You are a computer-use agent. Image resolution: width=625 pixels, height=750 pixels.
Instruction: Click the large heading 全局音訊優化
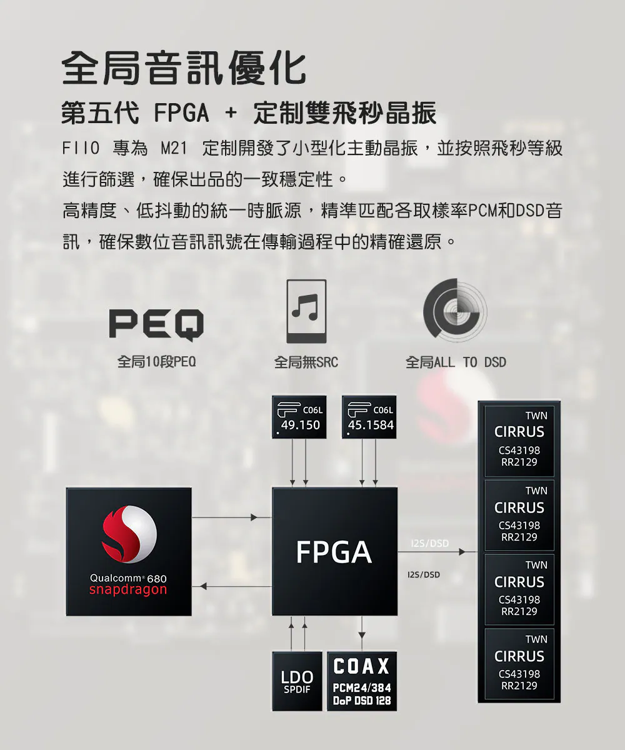pos(184,67)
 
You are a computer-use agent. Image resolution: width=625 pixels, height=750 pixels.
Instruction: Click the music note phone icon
pos(306,311)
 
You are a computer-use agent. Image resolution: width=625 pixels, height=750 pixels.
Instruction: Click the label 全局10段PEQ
pos(157,362)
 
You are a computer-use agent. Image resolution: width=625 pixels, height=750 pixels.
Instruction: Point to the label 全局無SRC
pos(306,362)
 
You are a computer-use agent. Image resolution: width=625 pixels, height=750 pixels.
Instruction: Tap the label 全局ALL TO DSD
pos(456,362)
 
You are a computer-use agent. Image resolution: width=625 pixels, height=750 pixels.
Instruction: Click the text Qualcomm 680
pos(128,579)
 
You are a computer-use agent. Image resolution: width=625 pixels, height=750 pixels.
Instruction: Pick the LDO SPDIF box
pos(297,681)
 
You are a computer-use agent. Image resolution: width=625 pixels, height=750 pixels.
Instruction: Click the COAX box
pos(362,681)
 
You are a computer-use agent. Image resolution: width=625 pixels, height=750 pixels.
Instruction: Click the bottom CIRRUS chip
pos(519,665)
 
